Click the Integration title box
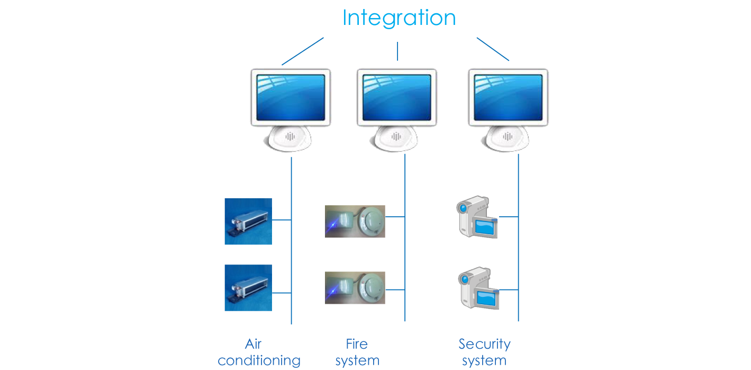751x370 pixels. point(399,19)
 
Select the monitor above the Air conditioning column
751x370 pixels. point(291,98)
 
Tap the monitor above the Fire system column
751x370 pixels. point(396,98)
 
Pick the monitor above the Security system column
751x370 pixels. point(508,98)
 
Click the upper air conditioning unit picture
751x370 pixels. point(248,222)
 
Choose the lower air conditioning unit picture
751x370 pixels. point(248,288)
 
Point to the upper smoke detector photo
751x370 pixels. point(355,221)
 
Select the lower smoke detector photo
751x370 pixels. point(355,288)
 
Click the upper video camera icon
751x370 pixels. point(476,218)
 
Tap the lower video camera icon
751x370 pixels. point(478,288)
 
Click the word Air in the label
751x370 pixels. point(254,344)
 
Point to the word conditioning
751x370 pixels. point(259,361)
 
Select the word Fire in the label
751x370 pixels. point(357,344)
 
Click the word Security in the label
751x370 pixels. point(484,344)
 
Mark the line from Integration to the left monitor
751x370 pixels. point(302,52)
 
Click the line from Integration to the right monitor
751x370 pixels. point(493,49)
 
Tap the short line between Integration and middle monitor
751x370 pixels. point(397,51)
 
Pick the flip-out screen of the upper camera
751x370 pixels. point(485,227)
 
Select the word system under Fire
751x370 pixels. point(357,361)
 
